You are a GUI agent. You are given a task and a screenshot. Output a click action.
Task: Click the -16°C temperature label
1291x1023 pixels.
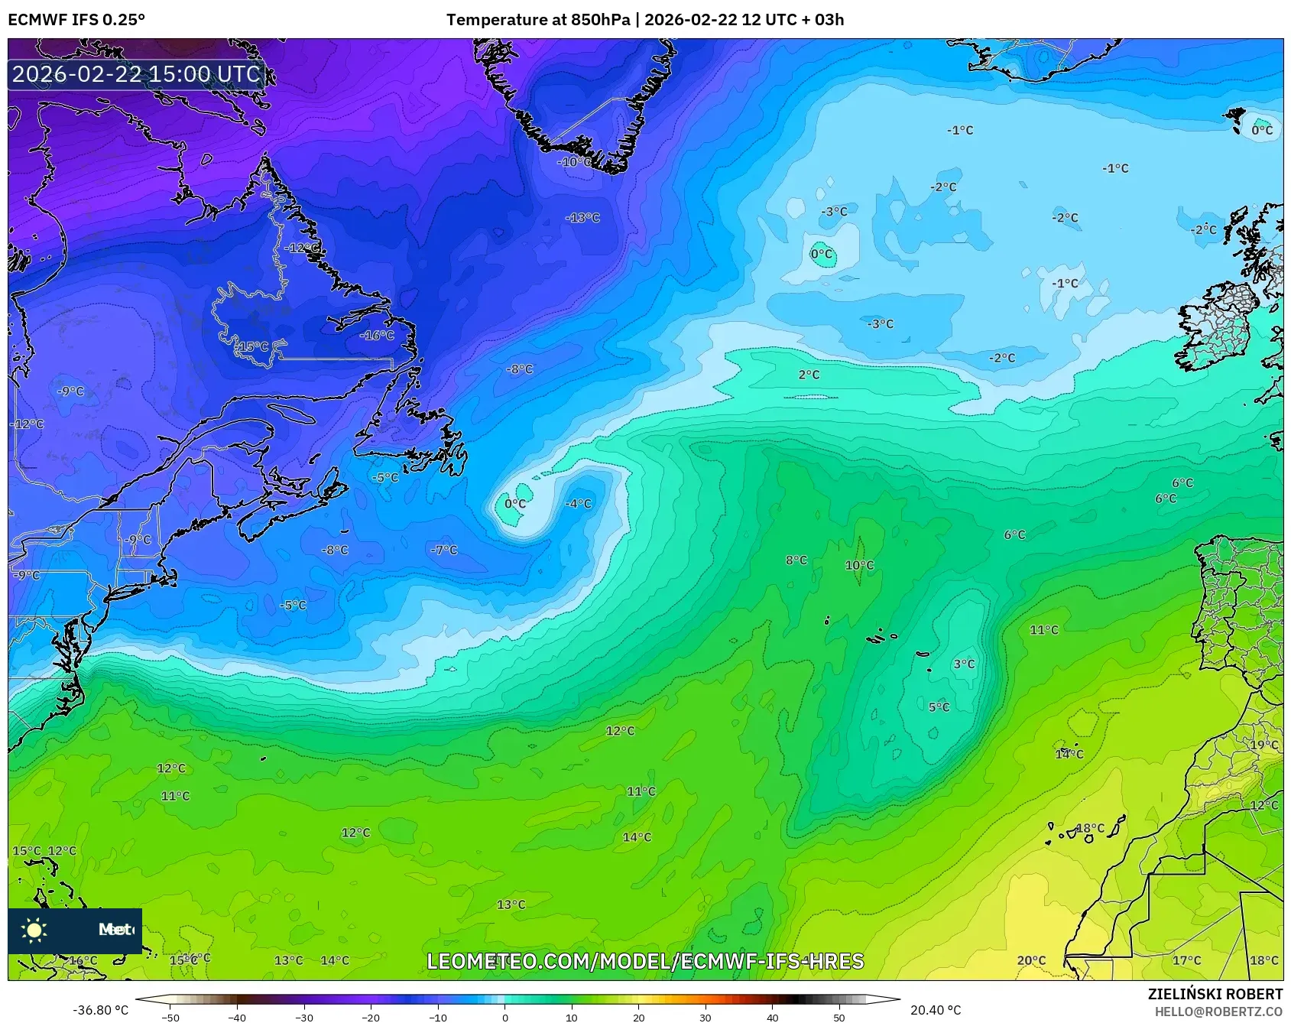377,335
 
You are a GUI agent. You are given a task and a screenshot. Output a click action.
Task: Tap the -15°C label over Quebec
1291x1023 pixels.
252,346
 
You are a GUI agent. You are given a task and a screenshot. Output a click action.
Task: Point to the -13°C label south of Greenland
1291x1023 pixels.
582,218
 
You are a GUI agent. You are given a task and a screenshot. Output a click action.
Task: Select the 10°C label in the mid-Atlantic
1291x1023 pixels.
859,565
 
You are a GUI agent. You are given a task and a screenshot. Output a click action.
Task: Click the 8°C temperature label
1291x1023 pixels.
796,560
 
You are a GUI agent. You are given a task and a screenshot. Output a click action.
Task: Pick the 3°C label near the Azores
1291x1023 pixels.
964,664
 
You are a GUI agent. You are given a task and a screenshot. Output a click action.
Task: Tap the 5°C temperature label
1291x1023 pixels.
939,707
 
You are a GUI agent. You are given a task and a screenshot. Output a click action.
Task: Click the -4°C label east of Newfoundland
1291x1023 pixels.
578,503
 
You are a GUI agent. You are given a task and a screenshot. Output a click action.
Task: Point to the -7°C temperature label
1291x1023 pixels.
443,550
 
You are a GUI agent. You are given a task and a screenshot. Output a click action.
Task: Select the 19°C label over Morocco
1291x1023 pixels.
1263,745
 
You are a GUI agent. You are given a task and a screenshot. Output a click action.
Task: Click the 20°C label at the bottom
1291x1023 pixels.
1031,960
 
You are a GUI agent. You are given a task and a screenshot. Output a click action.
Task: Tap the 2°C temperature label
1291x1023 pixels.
809,375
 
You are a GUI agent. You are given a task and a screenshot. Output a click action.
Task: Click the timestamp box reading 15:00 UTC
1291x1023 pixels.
137,74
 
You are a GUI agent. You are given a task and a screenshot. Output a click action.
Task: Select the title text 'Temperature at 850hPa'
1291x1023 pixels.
538,20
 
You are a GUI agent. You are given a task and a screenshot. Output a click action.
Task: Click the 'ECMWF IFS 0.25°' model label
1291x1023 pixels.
76,20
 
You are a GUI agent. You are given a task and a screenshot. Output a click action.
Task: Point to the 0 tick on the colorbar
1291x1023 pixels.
504,1017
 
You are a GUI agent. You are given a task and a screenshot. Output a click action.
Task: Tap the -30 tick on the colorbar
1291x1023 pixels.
304,1017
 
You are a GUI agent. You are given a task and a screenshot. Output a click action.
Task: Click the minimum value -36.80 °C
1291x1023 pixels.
100,1010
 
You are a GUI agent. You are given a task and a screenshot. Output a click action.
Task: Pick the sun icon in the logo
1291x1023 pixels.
34,930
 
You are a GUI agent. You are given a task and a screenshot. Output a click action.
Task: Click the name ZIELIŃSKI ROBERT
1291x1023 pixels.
1215,994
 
